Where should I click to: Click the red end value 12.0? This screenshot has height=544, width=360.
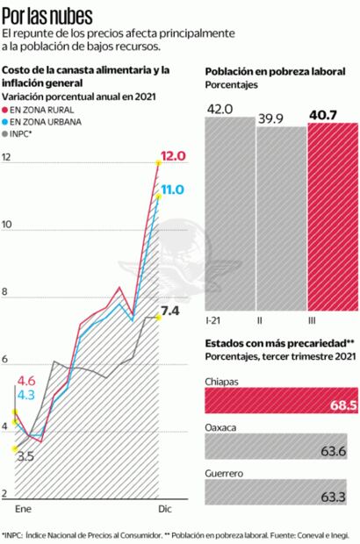point(174,157)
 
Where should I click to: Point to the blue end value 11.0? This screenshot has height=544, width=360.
point(172,189)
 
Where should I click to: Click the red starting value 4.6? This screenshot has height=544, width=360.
point(25,381)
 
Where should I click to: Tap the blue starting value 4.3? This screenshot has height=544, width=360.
point(25,396)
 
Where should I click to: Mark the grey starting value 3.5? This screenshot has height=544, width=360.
point(25,456)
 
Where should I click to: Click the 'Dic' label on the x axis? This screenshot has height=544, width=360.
point(164,509)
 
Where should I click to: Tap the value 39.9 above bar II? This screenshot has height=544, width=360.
point(270,118)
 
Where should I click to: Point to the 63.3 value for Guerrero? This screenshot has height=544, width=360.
point(333,497)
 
